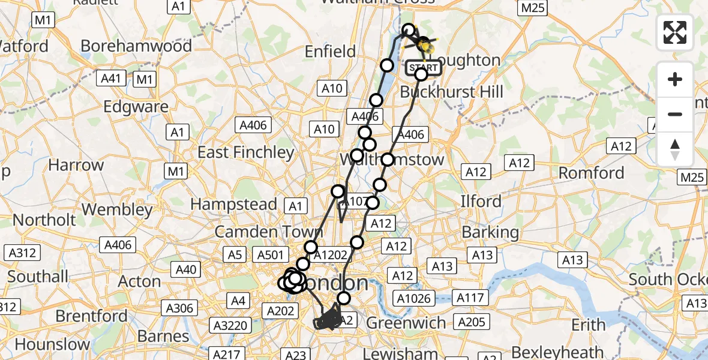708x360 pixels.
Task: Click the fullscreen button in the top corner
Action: coord(675,32)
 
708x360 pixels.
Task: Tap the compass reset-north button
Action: coord(675,149)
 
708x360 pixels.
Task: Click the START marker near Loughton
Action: coord(424,67)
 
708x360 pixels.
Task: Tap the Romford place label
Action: coord(592,173)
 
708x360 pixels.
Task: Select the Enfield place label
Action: coord(330,52)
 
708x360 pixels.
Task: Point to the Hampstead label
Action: coord(233,204)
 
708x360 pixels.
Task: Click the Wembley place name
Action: coord(117,210)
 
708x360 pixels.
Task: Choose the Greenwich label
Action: coord(407,323)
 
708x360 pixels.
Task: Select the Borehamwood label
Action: coord(136,46)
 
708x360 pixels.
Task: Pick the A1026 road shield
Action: coord(412,297)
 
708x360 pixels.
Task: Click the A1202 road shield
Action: coord(330,255)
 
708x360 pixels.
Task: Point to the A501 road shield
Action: coord(269,255)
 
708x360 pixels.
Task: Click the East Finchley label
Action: coord(245,152)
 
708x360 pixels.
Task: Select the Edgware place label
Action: coord(136,107)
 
